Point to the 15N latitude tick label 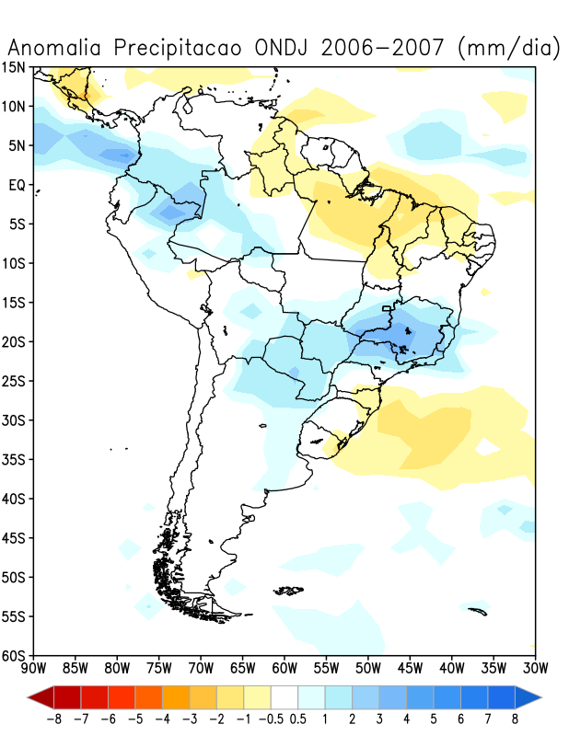click(16, 67)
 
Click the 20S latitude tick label click(16, 342)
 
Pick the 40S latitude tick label click(16, 499)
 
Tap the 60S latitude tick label click(16, 655)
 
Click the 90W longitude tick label click(34, 667)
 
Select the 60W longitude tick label click(284, 667)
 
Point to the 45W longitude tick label click(410, 667)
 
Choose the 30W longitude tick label click(535, 667)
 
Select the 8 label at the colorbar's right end click(516, 719)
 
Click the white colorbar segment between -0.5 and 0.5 click(284, 696)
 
